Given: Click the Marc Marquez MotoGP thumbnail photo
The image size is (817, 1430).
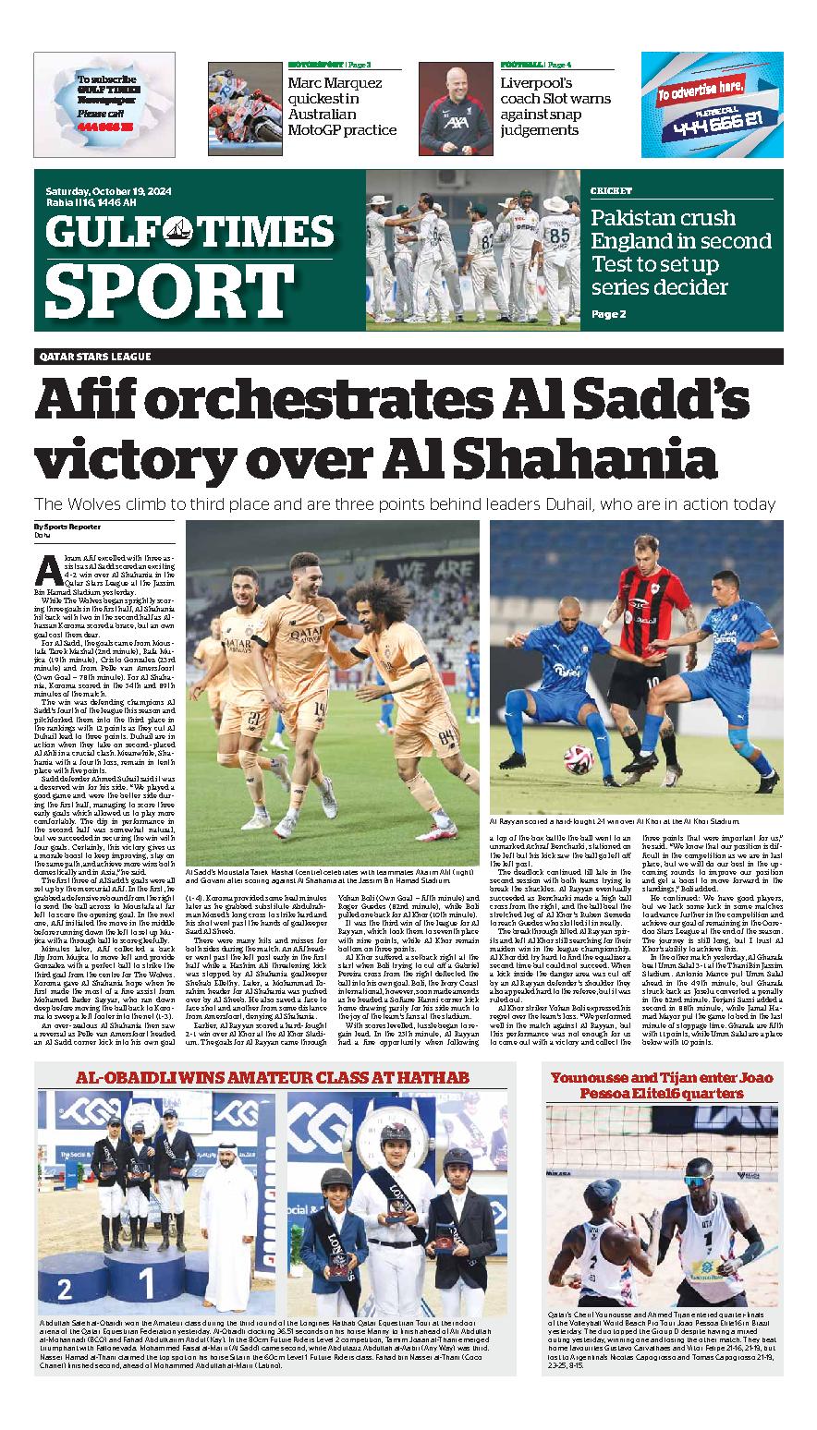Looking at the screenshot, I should (x=244, y=100).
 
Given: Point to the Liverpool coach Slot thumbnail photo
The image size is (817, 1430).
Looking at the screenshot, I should (x=456, y=100).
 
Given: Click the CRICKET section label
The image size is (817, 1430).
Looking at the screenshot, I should (x=611, y=191).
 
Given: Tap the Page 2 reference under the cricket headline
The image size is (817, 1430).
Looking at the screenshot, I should (x=608, y=314).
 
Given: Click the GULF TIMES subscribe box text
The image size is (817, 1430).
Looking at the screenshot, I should (x=105, y=101).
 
